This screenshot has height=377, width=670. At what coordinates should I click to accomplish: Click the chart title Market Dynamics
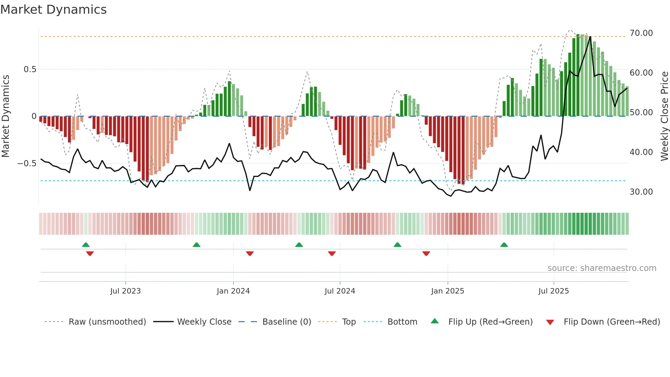53,10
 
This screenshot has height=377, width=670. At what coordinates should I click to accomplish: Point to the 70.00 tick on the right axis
641,33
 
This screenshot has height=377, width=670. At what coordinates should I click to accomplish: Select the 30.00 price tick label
641,192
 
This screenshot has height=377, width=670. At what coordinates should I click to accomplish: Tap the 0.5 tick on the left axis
30,69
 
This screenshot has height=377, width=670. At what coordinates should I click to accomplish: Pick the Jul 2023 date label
125,291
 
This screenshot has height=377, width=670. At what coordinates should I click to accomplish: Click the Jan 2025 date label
447,291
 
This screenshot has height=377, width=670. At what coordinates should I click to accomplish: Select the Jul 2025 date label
553,291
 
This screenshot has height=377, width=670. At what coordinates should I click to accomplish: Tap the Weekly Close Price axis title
664,116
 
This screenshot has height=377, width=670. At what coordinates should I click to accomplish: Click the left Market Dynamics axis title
5,116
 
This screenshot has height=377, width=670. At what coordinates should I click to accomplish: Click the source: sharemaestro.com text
602,268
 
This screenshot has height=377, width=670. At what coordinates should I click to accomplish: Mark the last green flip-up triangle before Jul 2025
504,245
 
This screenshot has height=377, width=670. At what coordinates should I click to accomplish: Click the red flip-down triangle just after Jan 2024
250,253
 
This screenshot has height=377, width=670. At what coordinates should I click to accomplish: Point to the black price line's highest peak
590,37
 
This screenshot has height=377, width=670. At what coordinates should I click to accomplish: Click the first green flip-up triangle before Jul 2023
86,245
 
